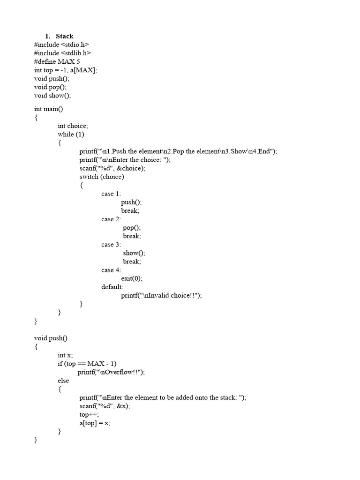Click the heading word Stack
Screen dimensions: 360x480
[x=65, y=36]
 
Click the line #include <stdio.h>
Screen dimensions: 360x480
[x=61, y=45]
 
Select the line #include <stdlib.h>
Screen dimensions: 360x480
[x=63, y=53]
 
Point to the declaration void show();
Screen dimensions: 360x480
[x=52, y=96]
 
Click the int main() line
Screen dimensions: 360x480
[x=48, y=109]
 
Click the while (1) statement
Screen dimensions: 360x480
[x=71, y=134]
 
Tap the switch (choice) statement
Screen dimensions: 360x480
[x=102, y=177]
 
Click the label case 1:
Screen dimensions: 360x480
[x=111, y=194]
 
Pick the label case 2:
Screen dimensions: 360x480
[x=111, y=219]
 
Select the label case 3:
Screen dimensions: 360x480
[x=111, y=244]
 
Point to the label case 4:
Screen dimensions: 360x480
[x=111, y=270]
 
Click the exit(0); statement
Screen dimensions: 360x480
[x=132, y=278]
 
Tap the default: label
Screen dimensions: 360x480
[x=112, y=287]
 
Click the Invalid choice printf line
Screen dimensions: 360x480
[x=162, y=295]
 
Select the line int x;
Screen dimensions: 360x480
[x=65, y=355]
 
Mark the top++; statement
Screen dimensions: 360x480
[x=89, y=414]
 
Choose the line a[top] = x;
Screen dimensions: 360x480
[x=95, y=423]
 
